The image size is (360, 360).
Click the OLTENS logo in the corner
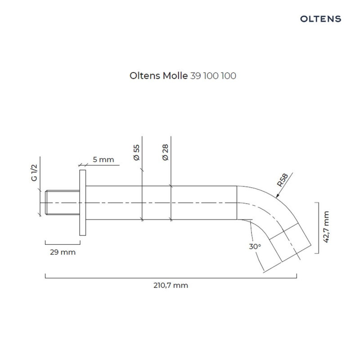pyautogui.click(x=320, y=19)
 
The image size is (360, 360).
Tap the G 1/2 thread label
pyautogui.click(x=34, y=173)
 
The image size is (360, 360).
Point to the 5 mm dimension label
pyautogui.click(x=103, y=159)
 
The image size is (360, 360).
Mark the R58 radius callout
pyautogui.click(x=282, y=180)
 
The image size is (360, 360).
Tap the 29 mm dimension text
pyautogui.click(x=63, y=252)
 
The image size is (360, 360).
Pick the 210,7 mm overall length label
pyautogui.click(x=170, y=285)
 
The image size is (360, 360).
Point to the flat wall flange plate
pyautogui.click(x=82, y=202)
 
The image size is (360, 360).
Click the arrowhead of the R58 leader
pyautogui.click(x=278, y=196)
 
